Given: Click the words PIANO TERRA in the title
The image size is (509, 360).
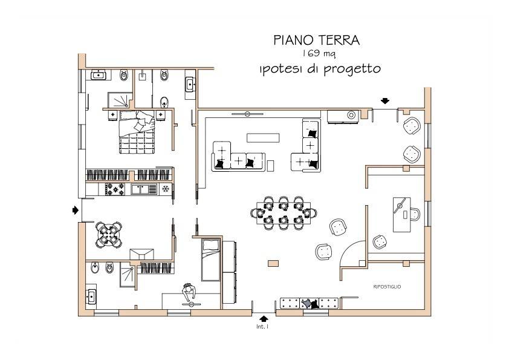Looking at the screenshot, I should point(316,40).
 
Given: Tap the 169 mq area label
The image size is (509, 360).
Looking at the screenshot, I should point(316,54).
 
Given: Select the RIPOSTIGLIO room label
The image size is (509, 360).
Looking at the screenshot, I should point(387,286).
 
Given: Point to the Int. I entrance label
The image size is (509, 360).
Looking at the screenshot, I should point(262,327).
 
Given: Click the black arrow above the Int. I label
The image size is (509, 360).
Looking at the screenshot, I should point(262,317).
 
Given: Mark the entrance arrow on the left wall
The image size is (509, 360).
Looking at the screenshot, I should point(75,210).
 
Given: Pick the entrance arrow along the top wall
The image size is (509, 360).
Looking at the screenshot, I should point(384,100).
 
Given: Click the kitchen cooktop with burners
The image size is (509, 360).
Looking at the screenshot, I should point(115,189).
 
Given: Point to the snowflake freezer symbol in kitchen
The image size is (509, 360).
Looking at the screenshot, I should point(165,189).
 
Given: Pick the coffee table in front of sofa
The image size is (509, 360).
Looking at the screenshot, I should point(263,137).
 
